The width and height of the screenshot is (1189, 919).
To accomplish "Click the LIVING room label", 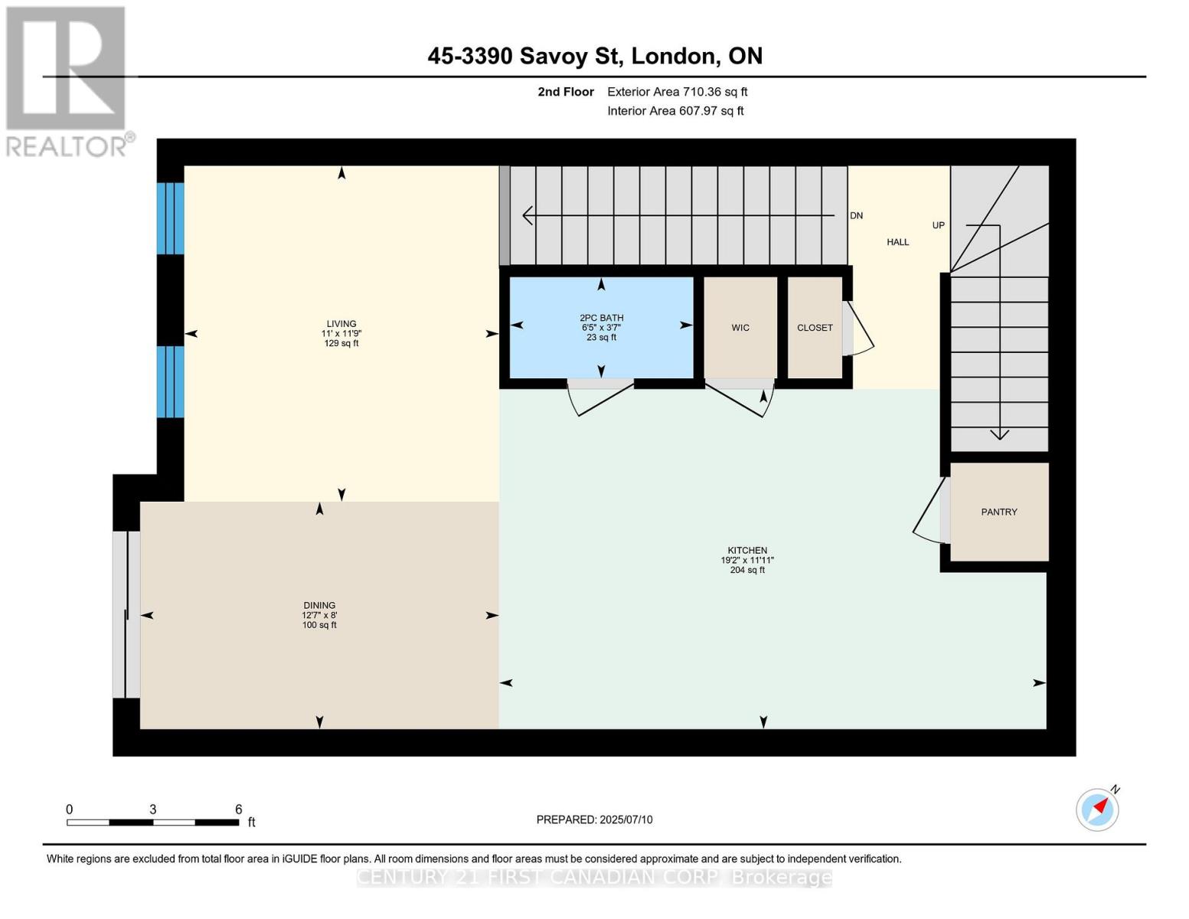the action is coord(341,323).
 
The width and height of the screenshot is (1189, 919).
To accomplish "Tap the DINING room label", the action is coord(319,605).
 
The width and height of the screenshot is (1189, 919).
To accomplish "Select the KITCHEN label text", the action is coord(747,550).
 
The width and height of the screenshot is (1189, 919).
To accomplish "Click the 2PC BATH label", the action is coord(601,318).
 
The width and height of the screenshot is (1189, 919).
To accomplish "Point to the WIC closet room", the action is coord(740,327).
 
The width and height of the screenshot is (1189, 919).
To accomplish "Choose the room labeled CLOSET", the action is coord(815,327).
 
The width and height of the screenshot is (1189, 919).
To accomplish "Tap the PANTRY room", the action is coord(999,512).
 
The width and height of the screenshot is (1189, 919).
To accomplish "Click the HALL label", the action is coord(898,242).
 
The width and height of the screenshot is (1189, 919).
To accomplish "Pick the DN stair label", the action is coord(856,216).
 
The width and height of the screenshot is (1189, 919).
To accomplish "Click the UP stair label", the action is coord(939,225).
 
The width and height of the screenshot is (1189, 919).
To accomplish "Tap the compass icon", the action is coord(1097,809).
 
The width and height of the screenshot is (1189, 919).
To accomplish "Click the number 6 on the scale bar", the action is coord(239,809).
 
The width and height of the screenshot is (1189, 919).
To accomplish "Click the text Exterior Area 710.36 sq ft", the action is coord(677,92).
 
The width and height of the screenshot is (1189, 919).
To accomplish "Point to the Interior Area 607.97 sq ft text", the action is coord(675,110).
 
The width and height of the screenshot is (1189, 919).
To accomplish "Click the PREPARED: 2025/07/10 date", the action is coord(594,819).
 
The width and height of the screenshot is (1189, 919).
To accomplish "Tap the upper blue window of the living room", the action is coord(170,218).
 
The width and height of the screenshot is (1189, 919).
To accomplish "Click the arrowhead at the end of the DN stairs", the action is coord(528,216).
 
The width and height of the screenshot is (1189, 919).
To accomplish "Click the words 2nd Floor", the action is coord(566,92).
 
